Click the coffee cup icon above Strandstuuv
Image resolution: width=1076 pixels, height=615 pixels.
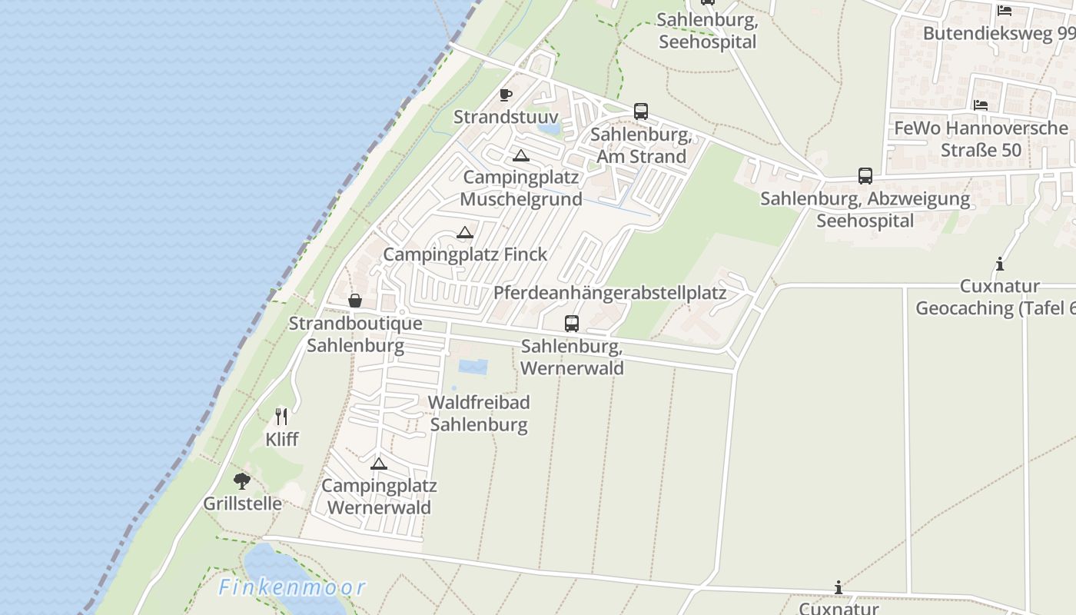506,95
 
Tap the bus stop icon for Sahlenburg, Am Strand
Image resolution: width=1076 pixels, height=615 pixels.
641,111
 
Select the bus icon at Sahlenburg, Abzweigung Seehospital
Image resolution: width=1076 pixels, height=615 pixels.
865,176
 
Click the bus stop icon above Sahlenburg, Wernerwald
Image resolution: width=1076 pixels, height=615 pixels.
572,324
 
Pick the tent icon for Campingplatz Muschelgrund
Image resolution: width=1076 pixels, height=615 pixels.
521,156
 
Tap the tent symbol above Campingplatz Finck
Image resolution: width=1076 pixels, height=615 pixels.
465,232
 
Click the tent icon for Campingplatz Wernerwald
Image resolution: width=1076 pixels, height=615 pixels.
378,464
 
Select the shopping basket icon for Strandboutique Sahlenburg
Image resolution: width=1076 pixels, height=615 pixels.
355,301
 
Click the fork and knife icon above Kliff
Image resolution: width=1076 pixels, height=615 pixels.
281,417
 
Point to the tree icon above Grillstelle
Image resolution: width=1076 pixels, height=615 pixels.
242,481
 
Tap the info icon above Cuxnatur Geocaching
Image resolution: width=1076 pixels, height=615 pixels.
999,264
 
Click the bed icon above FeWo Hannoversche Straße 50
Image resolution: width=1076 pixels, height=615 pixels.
980,105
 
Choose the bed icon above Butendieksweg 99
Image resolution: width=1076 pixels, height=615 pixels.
1004,11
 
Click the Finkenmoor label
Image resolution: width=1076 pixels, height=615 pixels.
292,588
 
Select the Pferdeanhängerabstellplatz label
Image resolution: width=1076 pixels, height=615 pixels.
609,293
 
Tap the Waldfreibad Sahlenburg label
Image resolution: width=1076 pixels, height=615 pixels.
479,413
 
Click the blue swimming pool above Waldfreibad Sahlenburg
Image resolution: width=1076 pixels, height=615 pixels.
473,367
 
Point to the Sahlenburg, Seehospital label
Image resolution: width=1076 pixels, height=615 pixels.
707,31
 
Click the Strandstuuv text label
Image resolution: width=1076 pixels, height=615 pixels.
506,117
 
